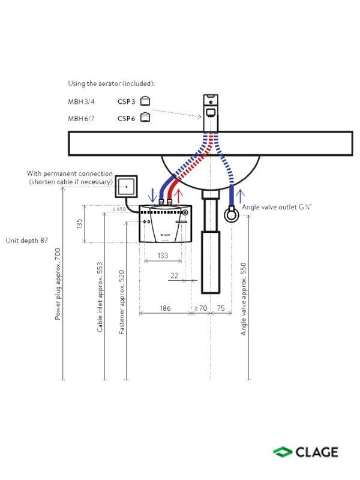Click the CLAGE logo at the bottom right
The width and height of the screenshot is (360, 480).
[x=305, y=452]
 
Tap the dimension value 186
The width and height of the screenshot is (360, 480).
[x=166, y=308]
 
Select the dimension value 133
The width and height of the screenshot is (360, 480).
[x=163, y=256]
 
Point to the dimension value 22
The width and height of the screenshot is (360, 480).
[x=175, y=275]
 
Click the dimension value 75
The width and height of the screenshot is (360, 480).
[x=221, y=308]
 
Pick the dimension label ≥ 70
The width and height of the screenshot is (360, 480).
[x=201, y=308]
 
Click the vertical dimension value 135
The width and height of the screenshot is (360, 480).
[x=79, y=223]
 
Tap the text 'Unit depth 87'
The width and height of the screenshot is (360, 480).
[x=27, y=241]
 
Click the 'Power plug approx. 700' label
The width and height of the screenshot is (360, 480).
[x=58, y=284]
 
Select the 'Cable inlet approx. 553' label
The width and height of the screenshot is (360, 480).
[x=100, y=297]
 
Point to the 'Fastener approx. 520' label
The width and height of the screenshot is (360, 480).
[x=122, y=302]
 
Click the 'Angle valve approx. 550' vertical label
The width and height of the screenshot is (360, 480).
[x=244, y=299]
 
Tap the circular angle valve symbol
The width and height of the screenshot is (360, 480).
[x=232, y=215]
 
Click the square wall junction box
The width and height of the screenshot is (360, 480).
[x=126, y=187]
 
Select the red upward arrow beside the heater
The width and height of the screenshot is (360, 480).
[x=178, y=196]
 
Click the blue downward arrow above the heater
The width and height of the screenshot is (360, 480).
[x=152, y=195]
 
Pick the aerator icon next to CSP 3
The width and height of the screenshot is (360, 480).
[x=145, y=101]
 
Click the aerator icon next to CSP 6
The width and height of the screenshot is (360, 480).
[x=145, y=117]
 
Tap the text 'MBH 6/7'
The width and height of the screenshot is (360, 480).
[x=81, y=118]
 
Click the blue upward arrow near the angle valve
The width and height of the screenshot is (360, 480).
[x=241, y=196]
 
